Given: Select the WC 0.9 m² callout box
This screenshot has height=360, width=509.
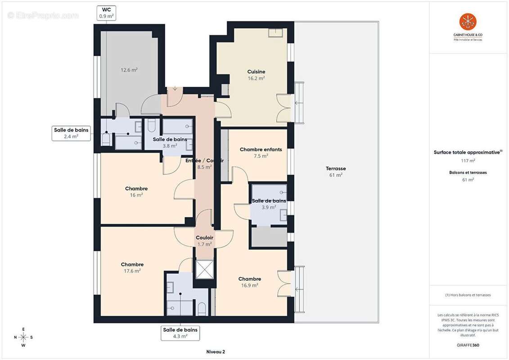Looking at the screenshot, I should (x=107, y=13).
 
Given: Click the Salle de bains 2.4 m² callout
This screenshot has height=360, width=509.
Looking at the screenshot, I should (x=72, y=133).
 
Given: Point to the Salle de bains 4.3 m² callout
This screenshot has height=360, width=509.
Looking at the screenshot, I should (x=180, y=333).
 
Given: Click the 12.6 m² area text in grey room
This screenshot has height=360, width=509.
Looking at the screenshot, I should (x=129, y=70).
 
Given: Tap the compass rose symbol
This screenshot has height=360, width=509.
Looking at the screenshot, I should (x=23, y=337).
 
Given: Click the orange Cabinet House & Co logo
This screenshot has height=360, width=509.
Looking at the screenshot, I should (x=468, y=22).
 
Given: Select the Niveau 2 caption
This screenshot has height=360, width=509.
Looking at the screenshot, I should (x=215, y=351).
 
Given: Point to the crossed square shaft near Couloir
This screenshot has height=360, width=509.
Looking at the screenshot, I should (x=204, y=270).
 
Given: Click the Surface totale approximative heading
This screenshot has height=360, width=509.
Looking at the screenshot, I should (x=468, y=153).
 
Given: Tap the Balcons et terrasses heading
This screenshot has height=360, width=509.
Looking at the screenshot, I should (x=468, y=172).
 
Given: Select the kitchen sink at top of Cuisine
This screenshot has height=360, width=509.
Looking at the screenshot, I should (x=275, y=32).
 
